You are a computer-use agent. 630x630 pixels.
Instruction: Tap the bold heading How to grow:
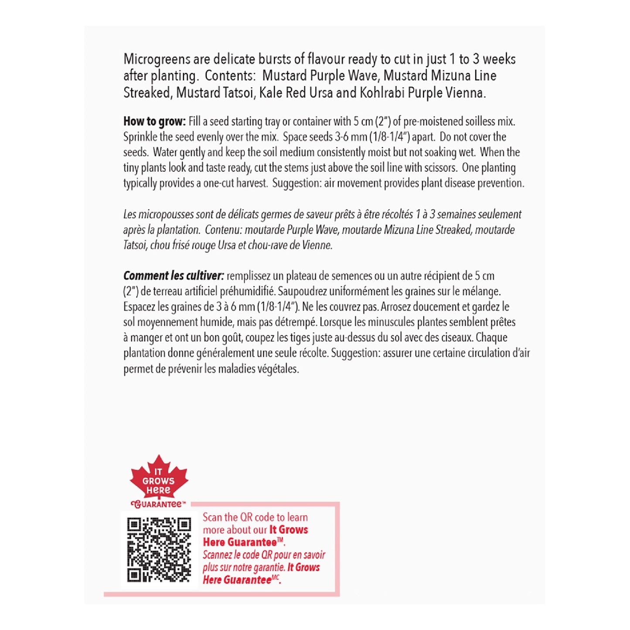(154, 121)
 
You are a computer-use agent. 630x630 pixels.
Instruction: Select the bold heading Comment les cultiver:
(174, 276)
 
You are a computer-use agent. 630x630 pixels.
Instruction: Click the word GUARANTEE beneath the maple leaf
(158, 504)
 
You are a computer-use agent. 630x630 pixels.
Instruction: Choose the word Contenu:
(224, 230)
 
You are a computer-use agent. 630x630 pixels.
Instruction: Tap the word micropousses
(167, 215)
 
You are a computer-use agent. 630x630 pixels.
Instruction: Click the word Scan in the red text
(212, 518)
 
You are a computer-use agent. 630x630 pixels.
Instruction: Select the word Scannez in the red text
(217, 555)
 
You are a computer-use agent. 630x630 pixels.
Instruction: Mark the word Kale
(271, 93)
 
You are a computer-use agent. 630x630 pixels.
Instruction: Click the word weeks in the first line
(499, 59)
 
